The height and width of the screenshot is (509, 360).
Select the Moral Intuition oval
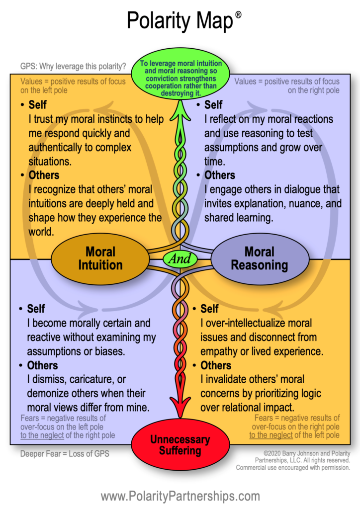100,258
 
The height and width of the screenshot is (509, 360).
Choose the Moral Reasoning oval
259,258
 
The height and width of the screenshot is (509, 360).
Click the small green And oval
180,259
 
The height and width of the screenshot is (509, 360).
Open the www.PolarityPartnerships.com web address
180,496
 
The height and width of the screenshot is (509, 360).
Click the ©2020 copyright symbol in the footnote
267,453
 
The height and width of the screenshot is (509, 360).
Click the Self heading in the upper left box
38,105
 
